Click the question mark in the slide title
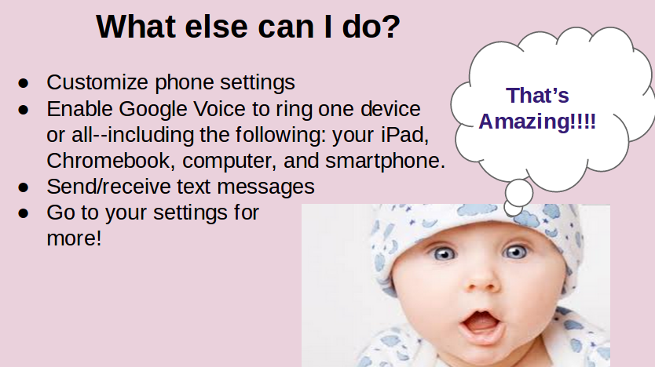click(392, 27)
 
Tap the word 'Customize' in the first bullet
click(97, 82)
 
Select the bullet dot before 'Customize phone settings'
click(24, 83)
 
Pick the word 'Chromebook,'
click(111, 161)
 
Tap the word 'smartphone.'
click(385, 162)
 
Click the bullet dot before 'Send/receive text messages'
click(24, 187)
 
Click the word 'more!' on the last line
click(74, 238)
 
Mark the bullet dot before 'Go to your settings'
click(24, 213)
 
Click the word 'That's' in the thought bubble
click(537, 96)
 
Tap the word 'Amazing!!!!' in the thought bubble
click(537, 122)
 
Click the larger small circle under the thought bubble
click(519, 193)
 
